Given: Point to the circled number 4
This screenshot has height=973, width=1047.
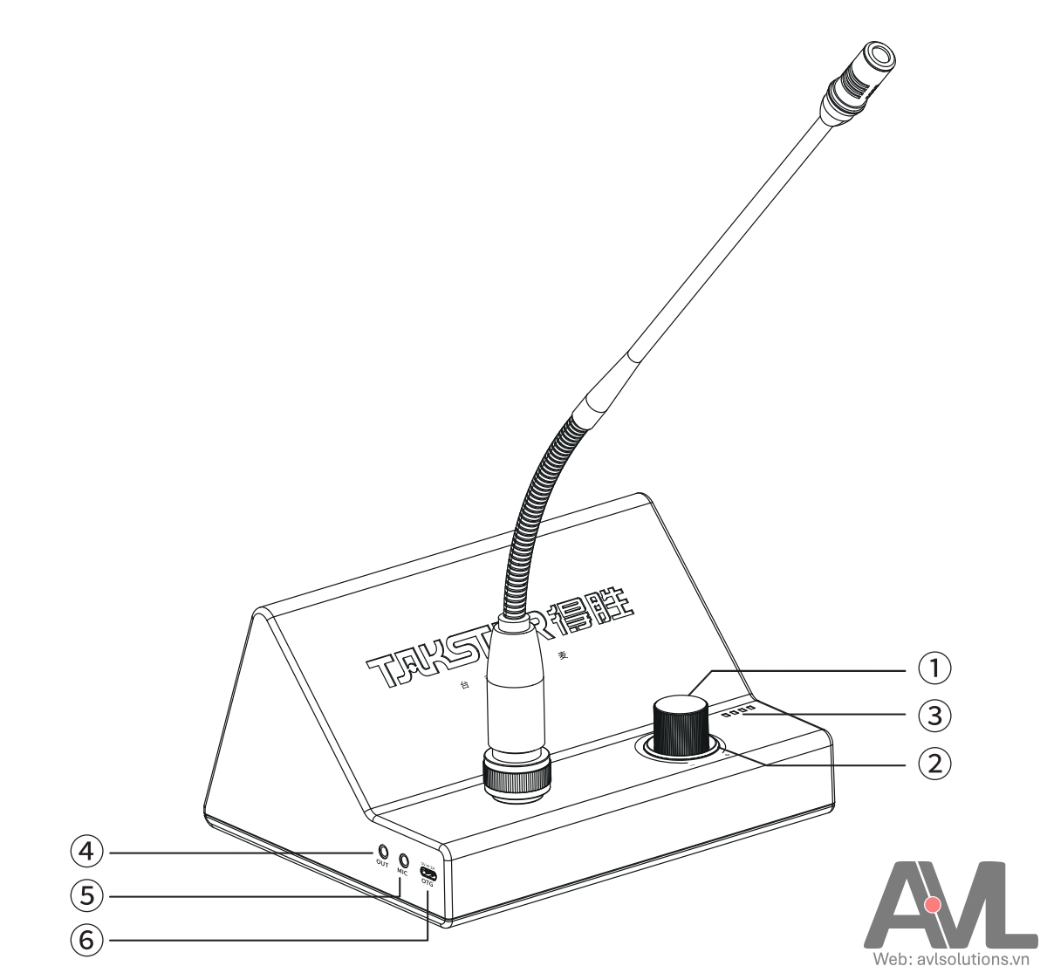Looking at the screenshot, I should point(86,851).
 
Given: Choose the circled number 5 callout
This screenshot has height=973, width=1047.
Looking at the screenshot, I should point(86,895).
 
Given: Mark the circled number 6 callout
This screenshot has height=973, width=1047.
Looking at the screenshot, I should point(86,940).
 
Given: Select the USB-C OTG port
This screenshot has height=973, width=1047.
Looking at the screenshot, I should point(428,873).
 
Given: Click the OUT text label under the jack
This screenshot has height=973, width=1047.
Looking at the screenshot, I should point(382,864).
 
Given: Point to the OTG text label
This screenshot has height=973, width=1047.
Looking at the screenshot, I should point(427,883).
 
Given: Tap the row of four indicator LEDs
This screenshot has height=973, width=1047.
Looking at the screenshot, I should point(738,712).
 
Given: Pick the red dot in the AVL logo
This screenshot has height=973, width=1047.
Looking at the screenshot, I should point(932,904).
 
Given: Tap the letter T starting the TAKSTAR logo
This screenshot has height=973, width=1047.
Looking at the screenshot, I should point(380,670).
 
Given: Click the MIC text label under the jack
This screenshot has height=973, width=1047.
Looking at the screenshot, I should point(402,872).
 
